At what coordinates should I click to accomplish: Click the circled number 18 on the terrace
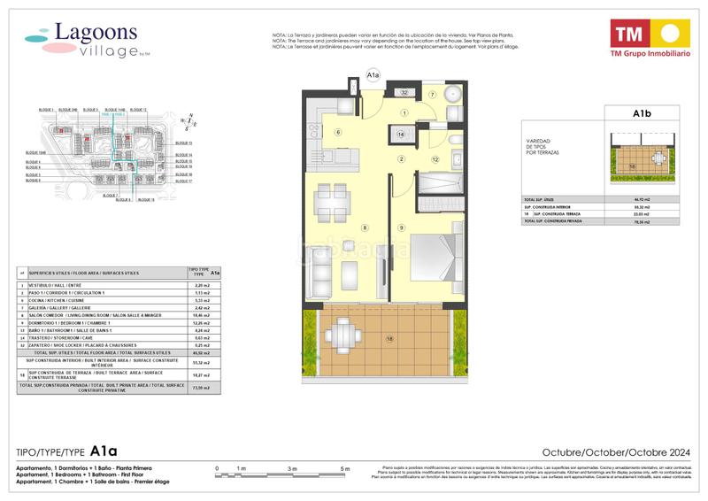(x=387, y=338)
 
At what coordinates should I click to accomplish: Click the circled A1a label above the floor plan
(x=373, y=76)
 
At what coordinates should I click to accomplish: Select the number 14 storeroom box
(x=401, y=135)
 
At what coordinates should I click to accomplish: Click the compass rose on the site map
(x=188, y=123)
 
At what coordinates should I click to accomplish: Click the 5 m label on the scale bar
(x=346, y=468)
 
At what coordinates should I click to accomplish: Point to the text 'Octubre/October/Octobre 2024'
(x=616, y=450)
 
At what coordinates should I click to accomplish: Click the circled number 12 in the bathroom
(x=435, y=159)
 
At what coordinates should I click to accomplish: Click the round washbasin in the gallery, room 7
(x=453, y=96)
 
